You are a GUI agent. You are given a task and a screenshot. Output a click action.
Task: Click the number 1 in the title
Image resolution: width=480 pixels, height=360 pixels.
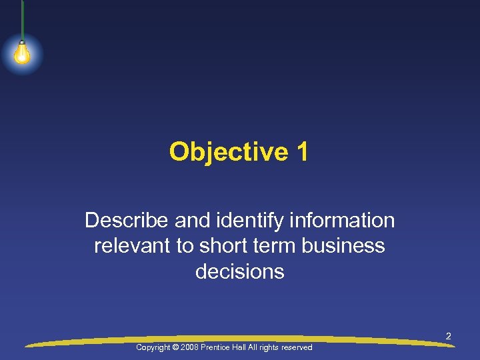tap(302, 152)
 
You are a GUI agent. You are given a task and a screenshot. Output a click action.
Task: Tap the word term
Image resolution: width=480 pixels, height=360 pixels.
tap(275, 246)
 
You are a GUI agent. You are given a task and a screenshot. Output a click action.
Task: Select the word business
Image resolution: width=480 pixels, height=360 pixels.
tap(343, 246)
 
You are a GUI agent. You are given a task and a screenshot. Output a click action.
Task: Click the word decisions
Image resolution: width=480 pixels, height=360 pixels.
tap(240, 272)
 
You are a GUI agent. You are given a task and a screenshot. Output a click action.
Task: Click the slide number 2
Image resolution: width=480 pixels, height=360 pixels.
tap(449, 337)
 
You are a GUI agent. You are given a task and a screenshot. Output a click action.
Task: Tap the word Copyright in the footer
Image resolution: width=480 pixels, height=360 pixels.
tap(153, 348)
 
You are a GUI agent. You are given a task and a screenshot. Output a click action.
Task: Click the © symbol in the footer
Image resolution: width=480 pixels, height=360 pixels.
tap(177, 348)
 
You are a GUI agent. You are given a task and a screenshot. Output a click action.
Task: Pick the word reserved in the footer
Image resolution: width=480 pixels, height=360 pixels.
tap(297, 348)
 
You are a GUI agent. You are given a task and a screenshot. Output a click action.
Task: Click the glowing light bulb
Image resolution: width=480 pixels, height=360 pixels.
tap(22, 54)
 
